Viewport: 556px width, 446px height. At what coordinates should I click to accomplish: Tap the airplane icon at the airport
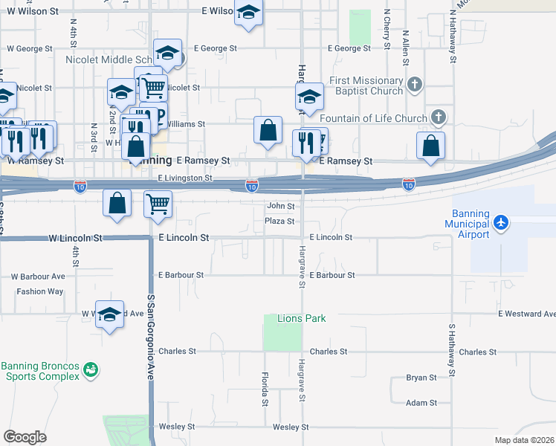(502, 222)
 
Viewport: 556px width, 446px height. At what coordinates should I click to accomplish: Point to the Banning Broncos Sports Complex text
(40, 371)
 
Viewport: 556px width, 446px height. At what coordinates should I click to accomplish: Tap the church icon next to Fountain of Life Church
(439, 117)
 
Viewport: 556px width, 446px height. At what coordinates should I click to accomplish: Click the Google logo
(25, 437)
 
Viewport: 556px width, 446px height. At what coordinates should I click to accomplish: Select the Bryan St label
(421, 378)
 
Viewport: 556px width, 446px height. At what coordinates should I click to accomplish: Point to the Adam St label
(421, 402)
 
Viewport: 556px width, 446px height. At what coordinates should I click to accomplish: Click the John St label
(281, 206)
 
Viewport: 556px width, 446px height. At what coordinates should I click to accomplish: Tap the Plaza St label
(280, 222)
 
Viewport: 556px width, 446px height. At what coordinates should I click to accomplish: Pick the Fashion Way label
(40, 291)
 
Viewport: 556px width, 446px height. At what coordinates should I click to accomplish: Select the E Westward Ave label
(526, 314)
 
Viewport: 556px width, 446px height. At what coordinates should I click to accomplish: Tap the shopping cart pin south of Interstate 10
(158, 203)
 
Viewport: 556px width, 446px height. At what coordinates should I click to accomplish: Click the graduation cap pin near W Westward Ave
(110, 314)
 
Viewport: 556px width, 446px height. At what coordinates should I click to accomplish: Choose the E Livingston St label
(185, 178)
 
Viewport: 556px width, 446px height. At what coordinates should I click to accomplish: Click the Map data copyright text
(524, 440)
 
